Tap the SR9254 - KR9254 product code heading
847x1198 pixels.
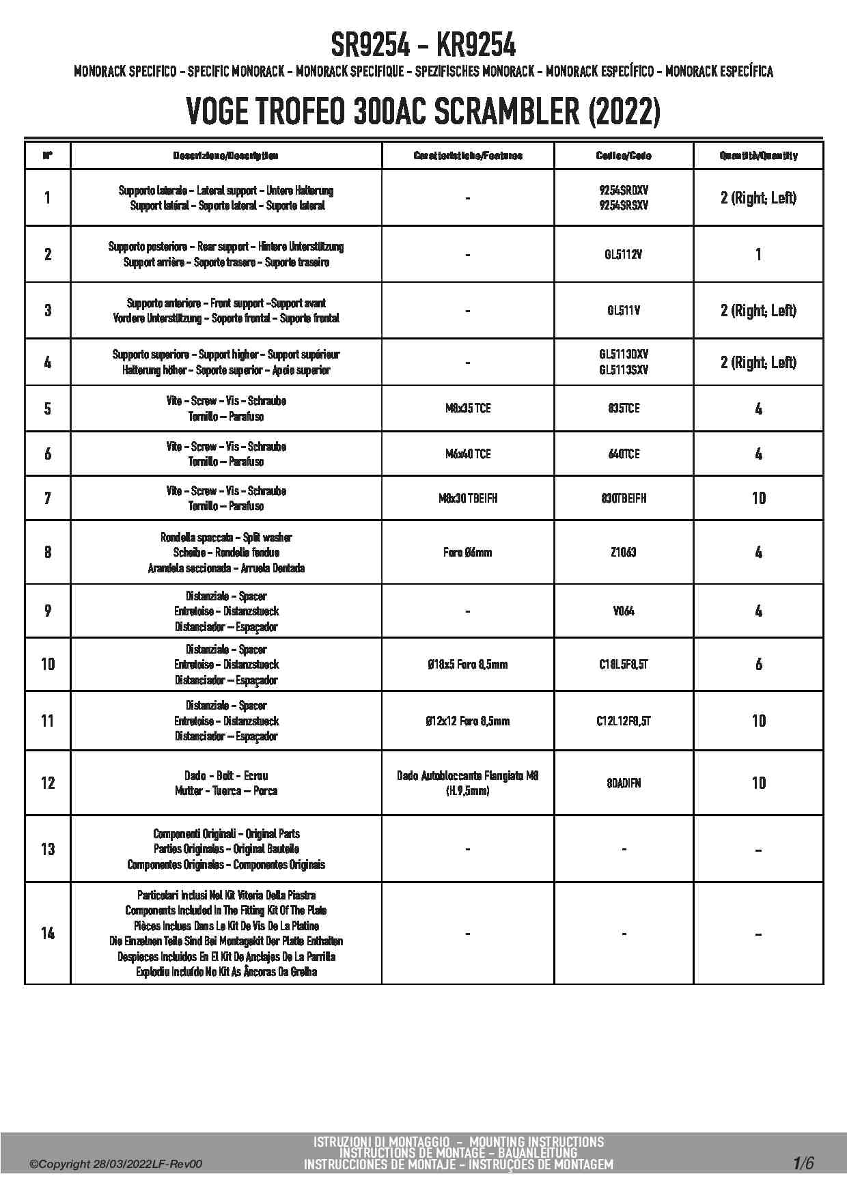point(423,46)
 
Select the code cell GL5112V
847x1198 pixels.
point(624,255)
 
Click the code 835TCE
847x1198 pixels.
point(624,408)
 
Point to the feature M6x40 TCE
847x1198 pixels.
point(467,454)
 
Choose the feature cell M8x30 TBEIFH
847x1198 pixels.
point(467,499)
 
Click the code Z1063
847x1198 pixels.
point(624,552)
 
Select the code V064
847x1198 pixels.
point(624,611)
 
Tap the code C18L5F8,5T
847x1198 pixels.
point(624,664)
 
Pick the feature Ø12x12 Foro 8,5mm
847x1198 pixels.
point(467,721)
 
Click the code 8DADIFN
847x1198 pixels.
point(624,783)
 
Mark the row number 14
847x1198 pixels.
point(48,933)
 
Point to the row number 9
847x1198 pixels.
point(48,611)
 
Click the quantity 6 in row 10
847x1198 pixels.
point(758,664)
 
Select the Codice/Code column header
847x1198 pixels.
point(624,156)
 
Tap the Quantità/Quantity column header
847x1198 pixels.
point(758,156)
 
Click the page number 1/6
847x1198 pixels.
point(803,1163)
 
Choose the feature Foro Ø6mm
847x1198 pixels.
point(467,552)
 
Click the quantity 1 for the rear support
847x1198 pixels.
point(758,255)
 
